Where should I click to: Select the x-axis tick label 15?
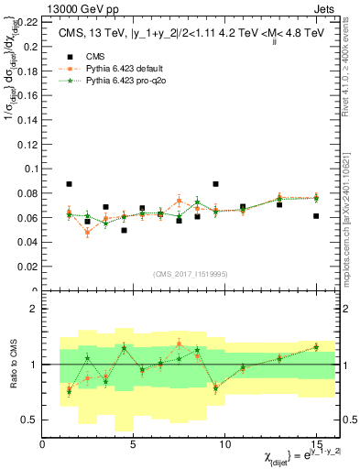(315, 444)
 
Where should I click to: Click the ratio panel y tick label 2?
(32, 310)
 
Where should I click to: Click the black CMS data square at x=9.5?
(215, 184)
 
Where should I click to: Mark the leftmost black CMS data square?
(70, 184)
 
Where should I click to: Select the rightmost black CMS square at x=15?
(315, 216)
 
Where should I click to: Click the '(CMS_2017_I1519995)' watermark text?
(191, 273)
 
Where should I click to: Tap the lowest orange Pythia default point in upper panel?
(88, 233)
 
